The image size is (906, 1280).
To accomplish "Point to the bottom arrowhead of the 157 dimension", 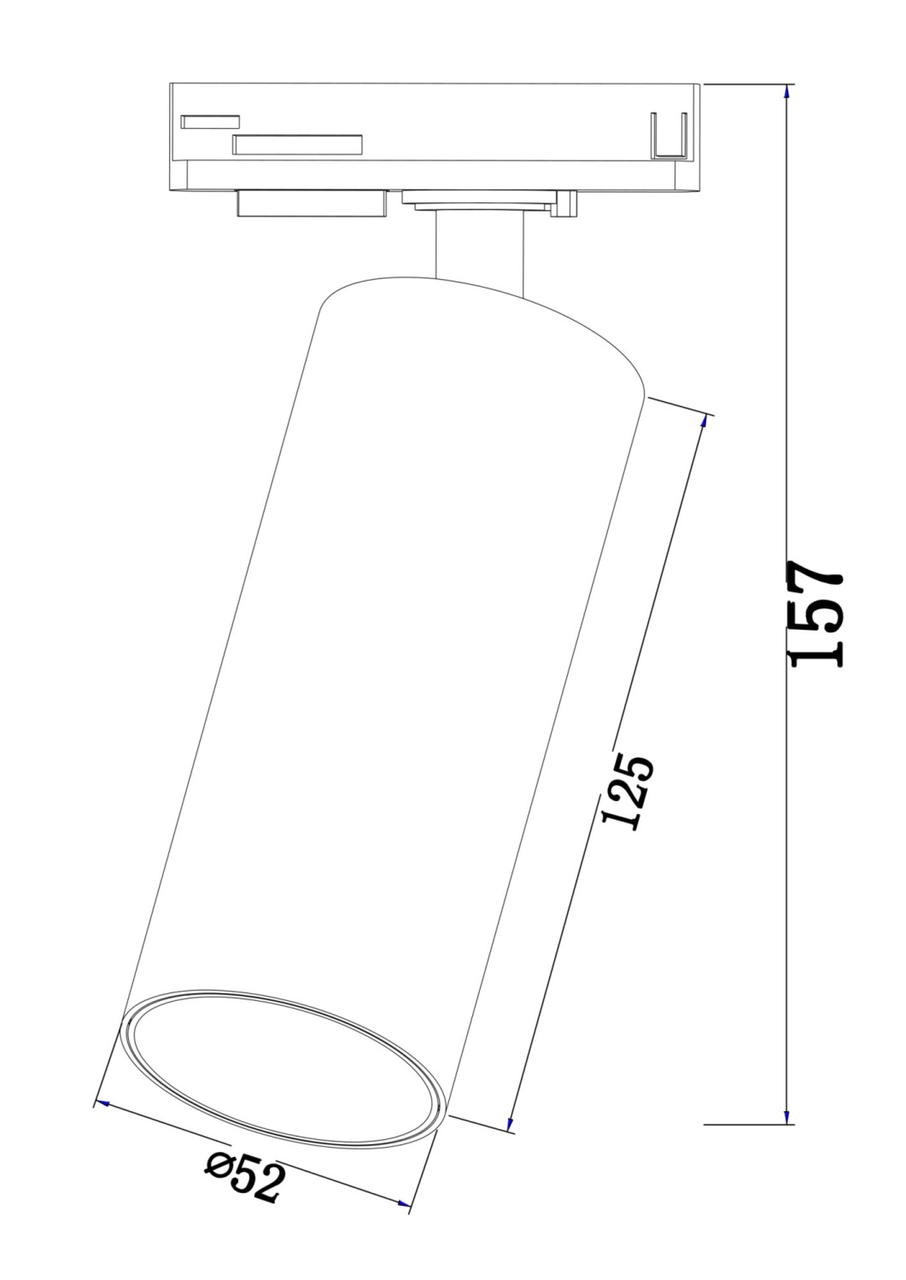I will (786, 1116).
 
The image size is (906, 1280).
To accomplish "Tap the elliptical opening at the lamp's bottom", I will (284, 1070).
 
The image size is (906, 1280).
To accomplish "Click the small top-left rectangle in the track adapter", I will (210, 121).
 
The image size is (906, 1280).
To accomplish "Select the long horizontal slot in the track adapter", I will (297, 145).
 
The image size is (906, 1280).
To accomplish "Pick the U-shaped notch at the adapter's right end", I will (669, 137).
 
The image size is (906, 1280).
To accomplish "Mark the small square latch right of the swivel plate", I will (564, 205).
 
